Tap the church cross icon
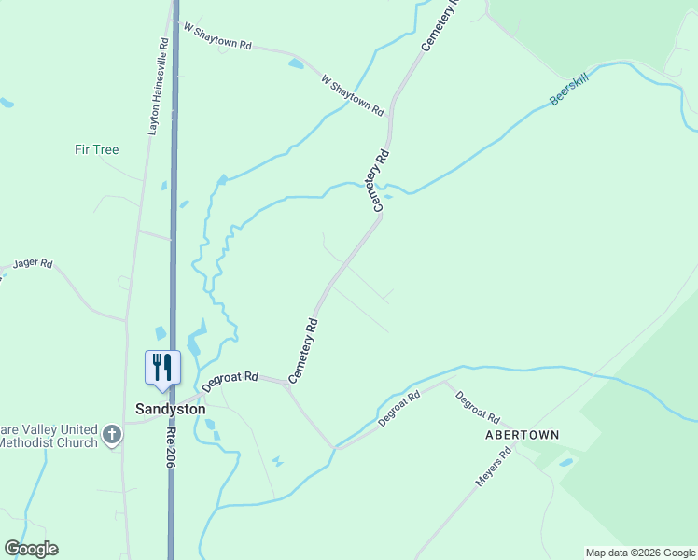pos(112,434)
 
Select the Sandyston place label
pos(170,409)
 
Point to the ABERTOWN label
pos(522,435)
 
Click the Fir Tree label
pos(97,149)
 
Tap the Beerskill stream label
pos(569,91)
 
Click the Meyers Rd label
pos(495,467)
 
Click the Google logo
pos(31,549)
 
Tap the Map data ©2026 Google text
pos(640,553)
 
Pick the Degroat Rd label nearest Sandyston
pos(230,381)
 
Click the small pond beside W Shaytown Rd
pos(296,64)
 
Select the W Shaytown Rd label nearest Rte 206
pos(217,37)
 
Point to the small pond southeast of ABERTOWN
pos(565,462)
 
